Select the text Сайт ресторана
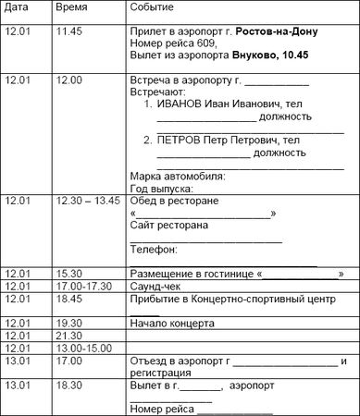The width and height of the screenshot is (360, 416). click(x=169, y=225)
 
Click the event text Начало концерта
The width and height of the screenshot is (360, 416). click(x=173, y=324)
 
